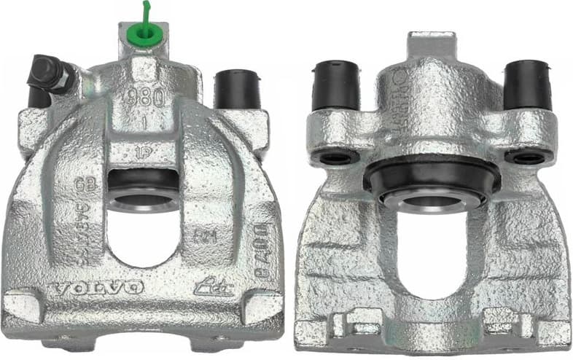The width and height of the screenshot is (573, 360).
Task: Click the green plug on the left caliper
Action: click(x=144, y=35)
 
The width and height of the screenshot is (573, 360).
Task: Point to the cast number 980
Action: click(x=144, y=99)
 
